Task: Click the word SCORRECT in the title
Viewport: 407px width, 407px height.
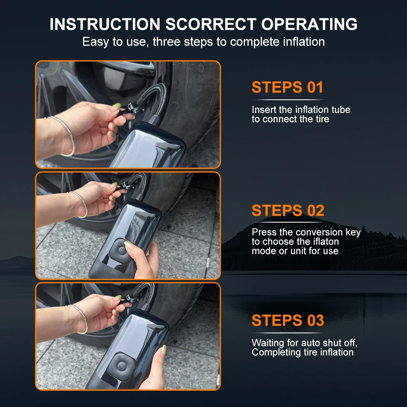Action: [211, 24]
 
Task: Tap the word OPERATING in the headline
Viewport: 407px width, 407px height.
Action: [309, 24]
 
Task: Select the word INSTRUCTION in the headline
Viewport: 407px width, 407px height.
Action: [105, 24]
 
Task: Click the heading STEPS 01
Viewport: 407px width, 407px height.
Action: [287, 87]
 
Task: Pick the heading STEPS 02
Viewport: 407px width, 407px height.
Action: [288, 210]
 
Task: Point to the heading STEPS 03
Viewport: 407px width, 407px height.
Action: [288, 320]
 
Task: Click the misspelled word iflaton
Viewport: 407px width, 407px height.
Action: [326, 241]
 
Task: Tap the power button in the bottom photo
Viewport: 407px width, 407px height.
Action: [121, 367]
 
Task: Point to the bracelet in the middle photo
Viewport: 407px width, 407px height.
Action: [80, 204]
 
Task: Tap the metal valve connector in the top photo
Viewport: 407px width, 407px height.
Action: [131, 107]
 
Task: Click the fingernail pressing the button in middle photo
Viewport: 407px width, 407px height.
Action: [128, 244]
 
